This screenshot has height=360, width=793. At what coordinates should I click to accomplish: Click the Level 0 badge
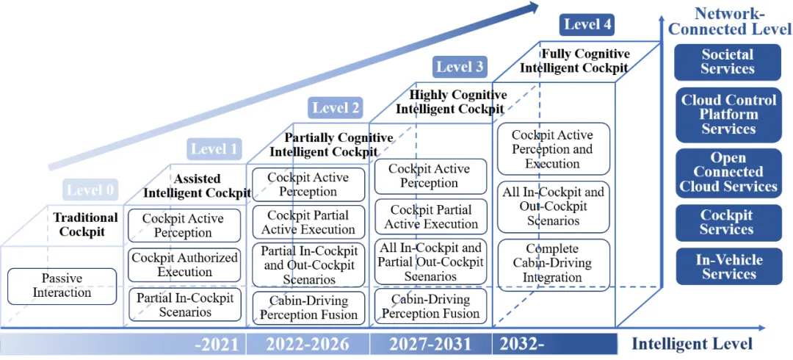[x=90, y=190]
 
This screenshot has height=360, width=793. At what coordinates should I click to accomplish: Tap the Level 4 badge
[x=587, y=24]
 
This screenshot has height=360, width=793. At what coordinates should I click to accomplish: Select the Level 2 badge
[x=336, y=107]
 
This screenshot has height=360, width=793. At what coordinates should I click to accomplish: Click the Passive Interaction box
[x=62, y=286]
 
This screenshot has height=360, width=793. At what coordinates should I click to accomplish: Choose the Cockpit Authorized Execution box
[x=184, y=264]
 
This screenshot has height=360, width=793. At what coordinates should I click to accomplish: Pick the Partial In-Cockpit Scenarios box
[x=184, y=304]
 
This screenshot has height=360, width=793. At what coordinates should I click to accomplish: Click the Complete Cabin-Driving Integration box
[x=554, y=263]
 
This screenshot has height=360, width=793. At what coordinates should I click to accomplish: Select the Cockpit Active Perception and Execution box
[x=554, y=149]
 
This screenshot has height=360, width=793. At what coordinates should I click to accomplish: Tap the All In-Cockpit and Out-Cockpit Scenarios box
[x=554, y=206]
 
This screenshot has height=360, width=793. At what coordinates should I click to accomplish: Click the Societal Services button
[x=728, y=62]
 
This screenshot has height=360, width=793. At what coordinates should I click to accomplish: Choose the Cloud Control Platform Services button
[x=729, y=115]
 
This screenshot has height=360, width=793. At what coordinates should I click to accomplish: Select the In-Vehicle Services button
[x=729, y=267]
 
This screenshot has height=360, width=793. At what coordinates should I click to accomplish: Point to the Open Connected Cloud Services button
[x=729, y=172]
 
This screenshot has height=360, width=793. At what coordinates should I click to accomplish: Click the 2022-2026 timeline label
[x=308, y=345]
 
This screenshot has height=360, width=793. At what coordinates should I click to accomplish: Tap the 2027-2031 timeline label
[x=430, y=345]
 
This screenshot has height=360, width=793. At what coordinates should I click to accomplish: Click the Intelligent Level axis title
[x=692, y=345]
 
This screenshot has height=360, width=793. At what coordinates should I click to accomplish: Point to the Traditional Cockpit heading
[x=85, y=224]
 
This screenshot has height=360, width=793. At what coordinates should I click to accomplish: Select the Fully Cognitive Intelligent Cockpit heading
[x=574, y=60]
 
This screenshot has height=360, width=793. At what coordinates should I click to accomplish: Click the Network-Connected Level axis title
[x=729, y=21]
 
